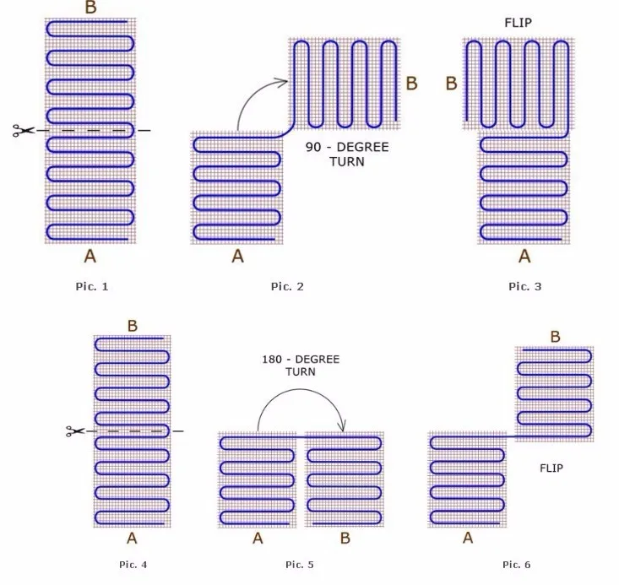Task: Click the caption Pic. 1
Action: click(x=91, y=286)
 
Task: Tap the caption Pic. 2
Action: click(x=287, y=286)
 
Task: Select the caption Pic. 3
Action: click(x=525, y=286)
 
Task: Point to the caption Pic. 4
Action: click(x=133, y=565)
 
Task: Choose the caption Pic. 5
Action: click(x=300, y=565)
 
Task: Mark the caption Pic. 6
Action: click(x=516, y=565)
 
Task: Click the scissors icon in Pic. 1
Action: click(x=24, y=130)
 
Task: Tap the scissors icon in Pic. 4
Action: click(x=75, y=431)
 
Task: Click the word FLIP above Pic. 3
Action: click(x=518, y=23)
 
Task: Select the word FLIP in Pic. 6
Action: click(x=551, y=469)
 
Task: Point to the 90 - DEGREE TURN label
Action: click(x=347, y=154)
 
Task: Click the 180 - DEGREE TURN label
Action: click(x=301, y=366)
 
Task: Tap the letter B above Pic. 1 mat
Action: click(x=91, y=8)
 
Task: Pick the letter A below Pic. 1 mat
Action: click(x=90, y=256)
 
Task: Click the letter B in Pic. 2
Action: click(x=412, y=84)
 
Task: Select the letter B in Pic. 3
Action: click(x=451, y=84)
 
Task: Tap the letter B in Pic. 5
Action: click(x=345, y=538)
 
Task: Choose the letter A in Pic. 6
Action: click(x=468, y=538)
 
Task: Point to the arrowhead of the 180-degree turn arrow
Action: click(x=342, y=426)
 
